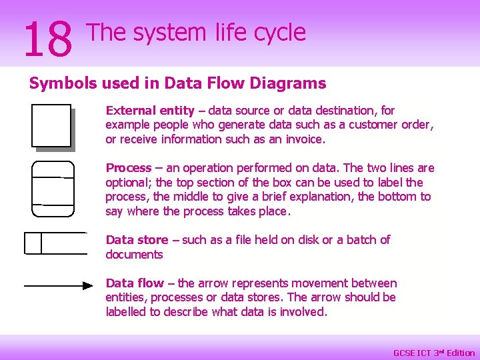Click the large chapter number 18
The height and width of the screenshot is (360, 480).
(47, 39)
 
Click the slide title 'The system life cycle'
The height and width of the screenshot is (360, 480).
(196, 32)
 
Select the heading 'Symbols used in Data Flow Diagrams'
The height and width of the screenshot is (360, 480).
(177, 83)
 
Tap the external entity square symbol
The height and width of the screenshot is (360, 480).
(51, 125)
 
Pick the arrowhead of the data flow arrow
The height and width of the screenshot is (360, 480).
(87, 285)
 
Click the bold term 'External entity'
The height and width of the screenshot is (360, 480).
(150, 111)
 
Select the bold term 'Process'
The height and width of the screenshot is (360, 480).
(129, 168)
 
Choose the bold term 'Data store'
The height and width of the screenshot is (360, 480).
(137, 240)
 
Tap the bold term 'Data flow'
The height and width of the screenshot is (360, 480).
(135, 283)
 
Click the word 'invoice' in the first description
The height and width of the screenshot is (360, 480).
(304, 139)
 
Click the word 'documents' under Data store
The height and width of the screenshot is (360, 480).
(134, 255)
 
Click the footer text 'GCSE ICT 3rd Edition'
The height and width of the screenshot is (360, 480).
(434, 353)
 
